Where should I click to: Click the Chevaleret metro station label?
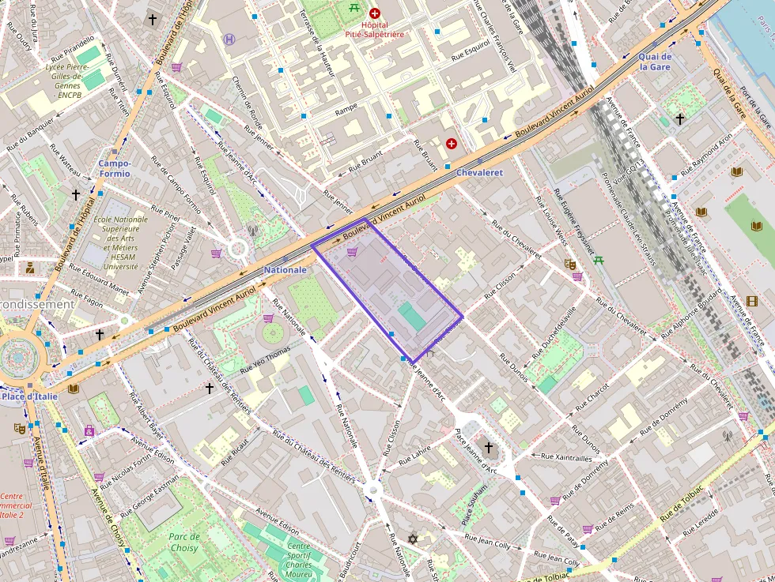479,172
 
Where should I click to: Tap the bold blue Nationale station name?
284,270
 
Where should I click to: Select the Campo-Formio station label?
115,168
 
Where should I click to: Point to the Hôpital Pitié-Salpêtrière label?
375,30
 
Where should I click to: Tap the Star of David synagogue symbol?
412,539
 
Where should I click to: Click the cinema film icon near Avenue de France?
751,300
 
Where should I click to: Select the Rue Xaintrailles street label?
566,457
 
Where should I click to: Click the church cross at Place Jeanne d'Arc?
488,448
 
